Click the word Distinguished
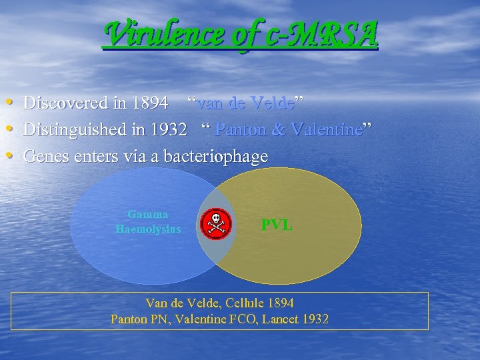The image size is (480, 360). [x=70, y=130]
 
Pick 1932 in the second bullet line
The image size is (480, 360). [x=167, y=130]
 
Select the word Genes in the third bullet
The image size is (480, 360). [x=45, y=157]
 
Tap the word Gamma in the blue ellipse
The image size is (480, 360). [x=148, y=215]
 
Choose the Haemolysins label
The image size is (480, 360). [x=148, y=229]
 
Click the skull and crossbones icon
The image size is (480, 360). [x=216, y=223]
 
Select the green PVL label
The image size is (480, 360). [x=276, y=225]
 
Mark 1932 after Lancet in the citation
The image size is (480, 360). [x=315, y=319]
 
